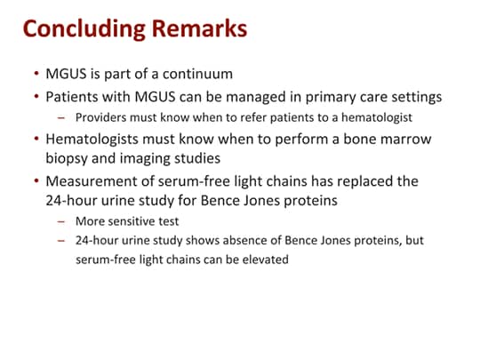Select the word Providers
point(101,116)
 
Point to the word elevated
point(262,260)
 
